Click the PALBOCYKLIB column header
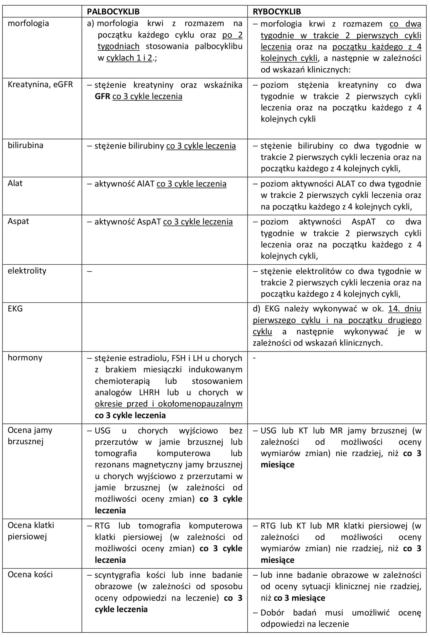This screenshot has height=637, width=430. (113, 11)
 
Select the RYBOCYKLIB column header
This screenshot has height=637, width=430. (277, 11)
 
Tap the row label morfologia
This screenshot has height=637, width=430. (28, 23)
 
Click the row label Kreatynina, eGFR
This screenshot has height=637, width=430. (40, 84)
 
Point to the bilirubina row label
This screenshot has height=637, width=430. (25, 145)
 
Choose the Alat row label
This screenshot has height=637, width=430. (15, 183)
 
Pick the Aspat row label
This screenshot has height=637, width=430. (18, 221)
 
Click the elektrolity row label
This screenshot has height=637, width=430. (27, 271)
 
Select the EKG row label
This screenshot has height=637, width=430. (15, 309)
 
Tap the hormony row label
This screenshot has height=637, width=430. (25, 358)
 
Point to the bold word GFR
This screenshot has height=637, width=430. (102, 96)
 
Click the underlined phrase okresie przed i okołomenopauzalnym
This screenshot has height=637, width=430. (169, 404)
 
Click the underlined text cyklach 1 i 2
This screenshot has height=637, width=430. (129, 58)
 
